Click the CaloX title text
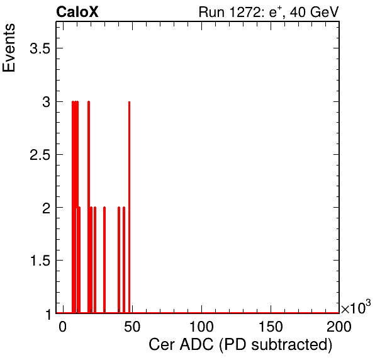[77, 12]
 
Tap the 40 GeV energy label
[315, 12]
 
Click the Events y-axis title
[9, 48]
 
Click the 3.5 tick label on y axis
[40, 48]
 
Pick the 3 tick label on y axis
[46, 102]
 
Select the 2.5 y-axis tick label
[40, 155]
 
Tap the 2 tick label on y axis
[46, 208]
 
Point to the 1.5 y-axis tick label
[40, 261]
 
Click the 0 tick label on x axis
[63, 327]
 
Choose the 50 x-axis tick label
[132, 327]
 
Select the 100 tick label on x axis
[201, 327]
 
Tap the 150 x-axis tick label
[271, 327]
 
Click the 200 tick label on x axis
[339, 327]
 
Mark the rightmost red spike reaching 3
[129, 207]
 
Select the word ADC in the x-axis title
[196, 345]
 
